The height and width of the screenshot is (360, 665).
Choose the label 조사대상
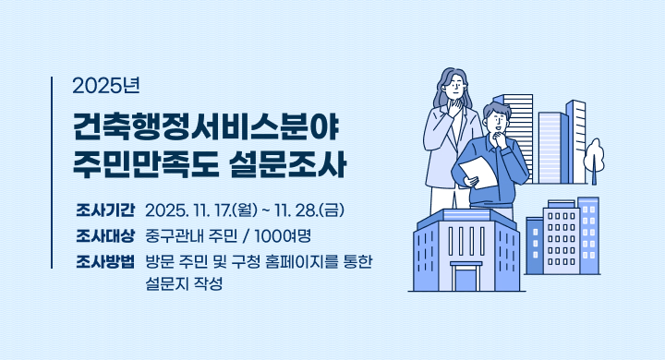click(x=105, y=234)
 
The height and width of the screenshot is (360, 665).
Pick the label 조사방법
click(x=105, y=260)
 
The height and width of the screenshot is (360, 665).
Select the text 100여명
click(x=281, y=234)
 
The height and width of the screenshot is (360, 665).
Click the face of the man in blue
click(x=497, y=120)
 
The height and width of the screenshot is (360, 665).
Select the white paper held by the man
click(x=479, y=174)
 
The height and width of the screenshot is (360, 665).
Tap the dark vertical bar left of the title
click(x=52, y=172)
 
